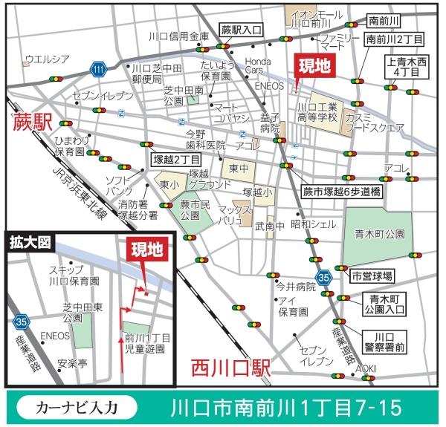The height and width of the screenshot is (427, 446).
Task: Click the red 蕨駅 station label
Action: pos(32,123)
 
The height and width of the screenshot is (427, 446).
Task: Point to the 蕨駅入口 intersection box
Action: pos(242,30)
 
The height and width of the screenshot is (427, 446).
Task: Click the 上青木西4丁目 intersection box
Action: pos(407,66)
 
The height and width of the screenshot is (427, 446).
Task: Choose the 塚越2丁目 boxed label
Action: pos(176,159)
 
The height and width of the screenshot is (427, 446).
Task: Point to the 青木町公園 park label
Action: pos(379,233)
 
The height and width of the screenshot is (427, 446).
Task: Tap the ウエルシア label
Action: pos(47,59)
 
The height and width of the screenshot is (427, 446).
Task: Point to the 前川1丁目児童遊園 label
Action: pos(149,342)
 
